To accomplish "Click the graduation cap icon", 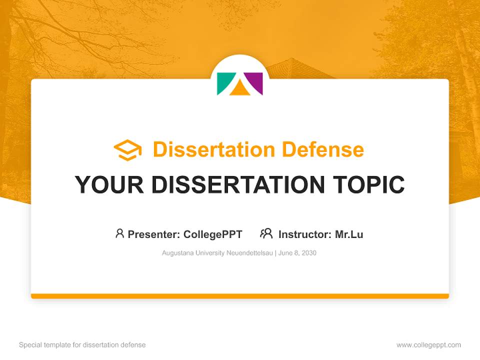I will [127, 150].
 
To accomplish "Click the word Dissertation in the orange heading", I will [213, 149].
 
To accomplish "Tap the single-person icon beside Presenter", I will [119, 233].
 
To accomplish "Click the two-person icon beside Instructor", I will [266, 233].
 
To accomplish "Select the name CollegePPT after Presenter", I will [212, 234].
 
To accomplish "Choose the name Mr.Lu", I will [349, 234].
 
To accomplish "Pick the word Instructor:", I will [305, 234].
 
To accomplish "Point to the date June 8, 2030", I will [297, 253].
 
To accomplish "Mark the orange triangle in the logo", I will [239, 89].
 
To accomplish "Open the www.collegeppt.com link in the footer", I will [428, 345].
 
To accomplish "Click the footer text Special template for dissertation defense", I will [82, 345].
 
